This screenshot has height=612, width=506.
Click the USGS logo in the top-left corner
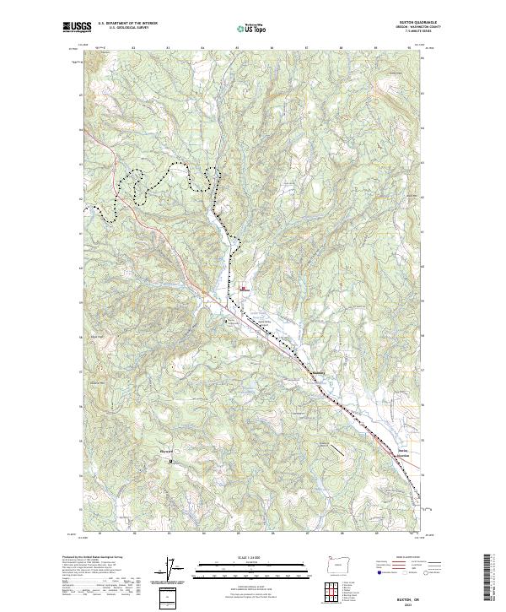[75, 27]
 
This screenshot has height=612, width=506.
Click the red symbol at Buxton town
[244, 290]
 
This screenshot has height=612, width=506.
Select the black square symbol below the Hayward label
[171, 461]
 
